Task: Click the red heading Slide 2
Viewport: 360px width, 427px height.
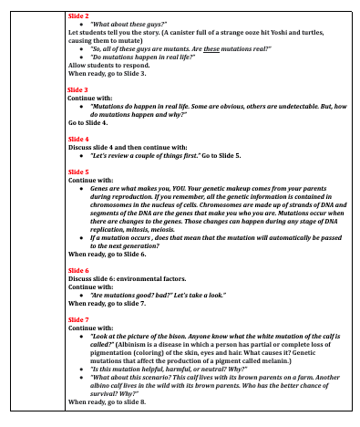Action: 78,16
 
